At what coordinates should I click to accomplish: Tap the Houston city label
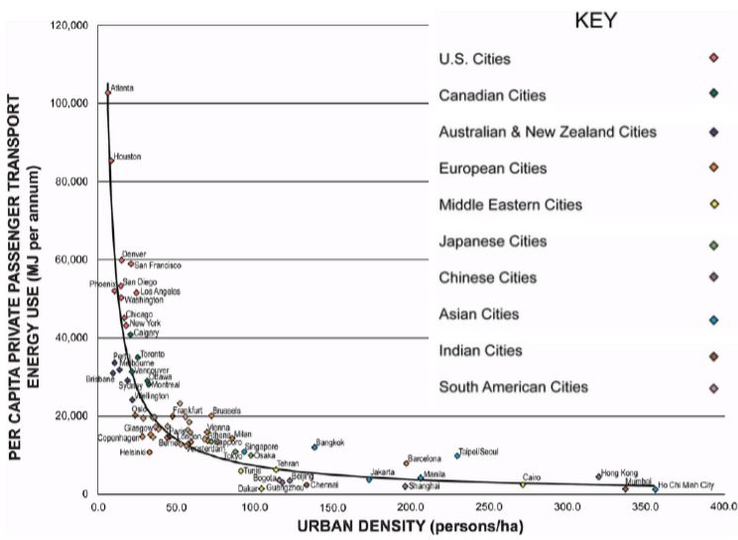[x=128, y=157]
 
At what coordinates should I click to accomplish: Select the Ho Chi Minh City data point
[x=656, y=488]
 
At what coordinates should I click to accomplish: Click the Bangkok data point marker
[x=314, y=447]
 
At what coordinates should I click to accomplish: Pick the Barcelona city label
[x=425, y=459]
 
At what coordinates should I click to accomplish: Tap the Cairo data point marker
[x=523, y=483]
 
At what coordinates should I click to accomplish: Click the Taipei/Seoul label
[x=478, y=452]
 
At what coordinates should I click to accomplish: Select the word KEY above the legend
[x=596, y=21]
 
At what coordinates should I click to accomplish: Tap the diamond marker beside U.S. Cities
[x=713, y=60]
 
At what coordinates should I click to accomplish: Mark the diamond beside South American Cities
[x=713, y=387]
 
